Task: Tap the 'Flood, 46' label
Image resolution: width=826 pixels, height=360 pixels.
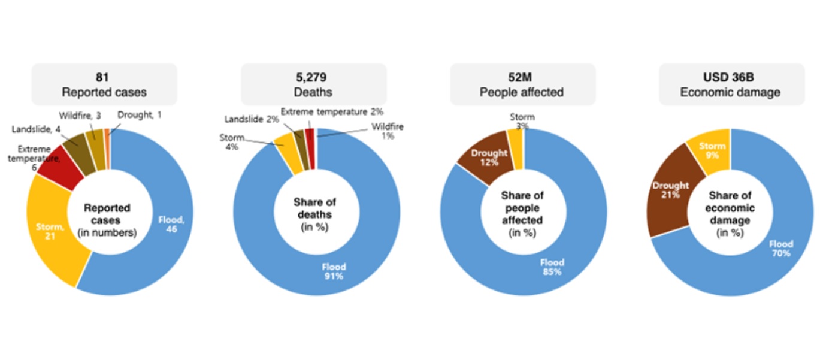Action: point(171,225)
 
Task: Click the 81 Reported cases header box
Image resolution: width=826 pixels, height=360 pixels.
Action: point(104,84)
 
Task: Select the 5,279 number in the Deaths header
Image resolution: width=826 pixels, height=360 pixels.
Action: point(313,78)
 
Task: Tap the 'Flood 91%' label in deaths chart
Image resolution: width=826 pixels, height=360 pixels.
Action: point(334,271)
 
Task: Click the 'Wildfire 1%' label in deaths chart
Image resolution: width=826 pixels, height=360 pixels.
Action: point(387,131)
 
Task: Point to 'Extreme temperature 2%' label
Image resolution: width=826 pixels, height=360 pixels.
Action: point(332,111)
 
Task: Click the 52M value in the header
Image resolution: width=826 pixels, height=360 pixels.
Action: point(522,78)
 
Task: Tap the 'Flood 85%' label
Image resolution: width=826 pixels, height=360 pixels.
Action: point(552,267)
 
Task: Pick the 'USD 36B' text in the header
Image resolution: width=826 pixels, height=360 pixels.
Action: point(731,78)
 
